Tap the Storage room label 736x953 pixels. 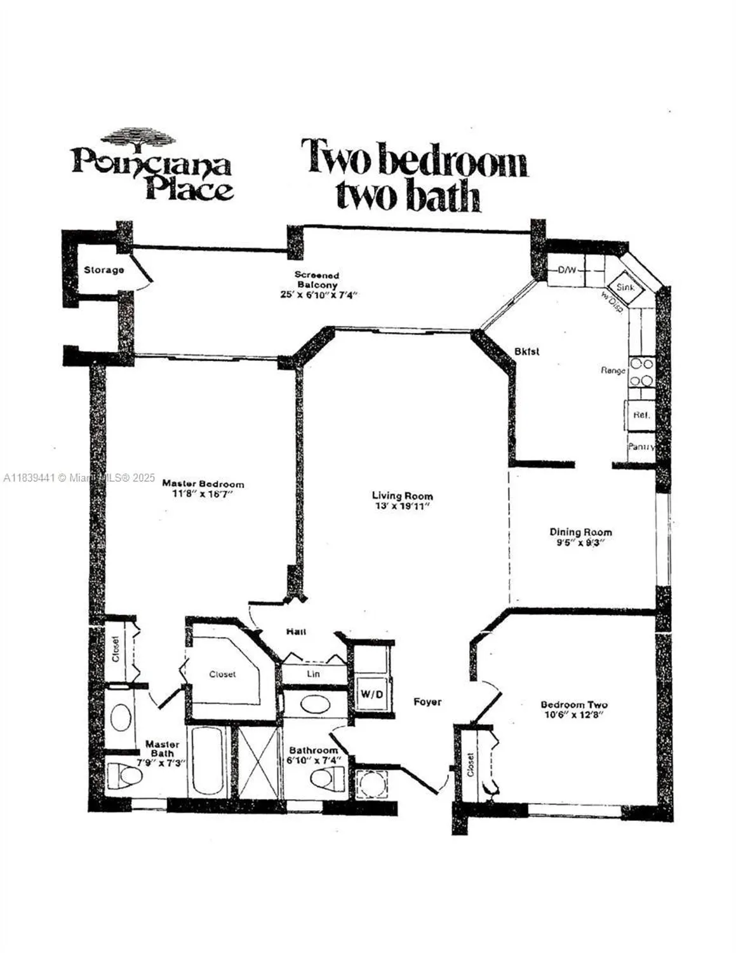pyautogui.click(x=104, y=270)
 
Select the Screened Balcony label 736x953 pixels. pyautogui.click(x=316, y=280)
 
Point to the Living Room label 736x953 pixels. pyautogui.click(x=402, y=496)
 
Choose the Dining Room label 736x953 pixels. pyautogui.click(x=580, y=532)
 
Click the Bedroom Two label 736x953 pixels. pyautogui.click(x=573, y=705)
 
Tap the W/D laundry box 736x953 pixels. pyautogui.click(x=372, y=694)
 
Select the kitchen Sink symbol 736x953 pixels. pyautogui.click(x=626, y=287)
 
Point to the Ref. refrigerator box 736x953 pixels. pyautogui.click(x=640, y=415)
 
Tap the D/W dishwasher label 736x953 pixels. pyautogui.click(x=566, y=270)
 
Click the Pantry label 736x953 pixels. pyautogui.click(x=641, y=447)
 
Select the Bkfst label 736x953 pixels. pyautogui.click(x=526, y=351)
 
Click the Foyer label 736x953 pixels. pyautogui.click(x=427, y=702)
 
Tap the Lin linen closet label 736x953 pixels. pyautogui.click(x=314, y=673)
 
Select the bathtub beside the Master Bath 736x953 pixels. pyautogui.click(x=207, y=761)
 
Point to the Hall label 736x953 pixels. pyautogui.click(x=296, y=632)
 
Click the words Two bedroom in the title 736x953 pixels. pyautogui.click(x=413, y=158)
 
